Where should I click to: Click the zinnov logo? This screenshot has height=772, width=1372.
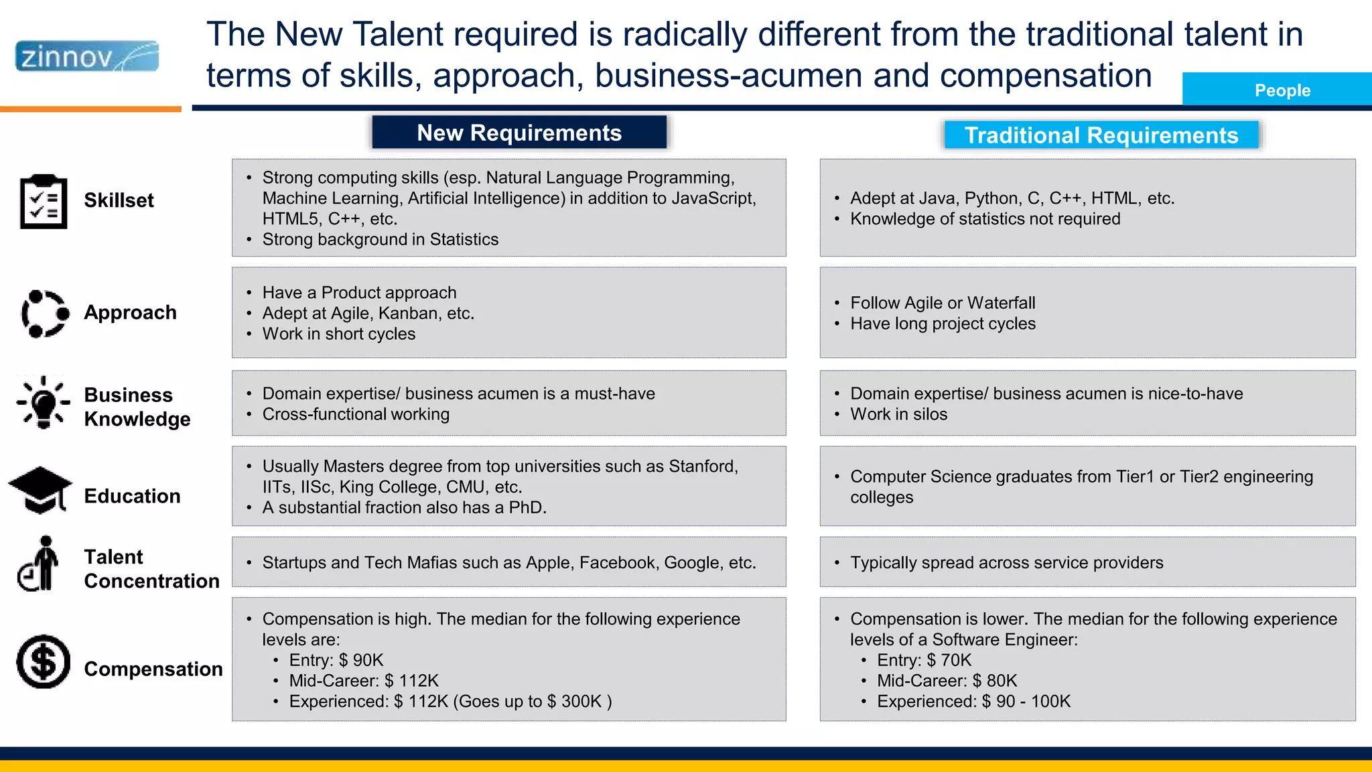(x=87, y=56)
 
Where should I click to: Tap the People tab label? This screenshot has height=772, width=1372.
(x=1282, y=90)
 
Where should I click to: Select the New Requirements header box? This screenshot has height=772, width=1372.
(x=519, y=133)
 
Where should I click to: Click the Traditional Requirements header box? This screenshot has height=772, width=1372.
(x=1101, y=135)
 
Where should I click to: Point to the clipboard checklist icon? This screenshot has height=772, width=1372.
(x=44, y=201)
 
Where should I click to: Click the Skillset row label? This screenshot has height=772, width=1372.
(x=119, y=200)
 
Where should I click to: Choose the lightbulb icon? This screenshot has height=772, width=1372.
(x=44, y=402)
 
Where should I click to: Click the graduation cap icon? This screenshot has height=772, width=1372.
(x=40, y=490)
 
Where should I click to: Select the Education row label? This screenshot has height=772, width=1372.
(x=132, y=496)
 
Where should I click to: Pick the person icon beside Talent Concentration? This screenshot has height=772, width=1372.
(x=40, y=564)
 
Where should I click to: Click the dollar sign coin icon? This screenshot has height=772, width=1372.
(x=44, y=661)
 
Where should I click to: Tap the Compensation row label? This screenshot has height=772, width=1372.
(x=153, y=669)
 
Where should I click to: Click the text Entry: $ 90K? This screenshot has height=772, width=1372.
(x=336, y=660)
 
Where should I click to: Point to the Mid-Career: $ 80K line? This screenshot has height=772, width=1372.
(x=947, y=681)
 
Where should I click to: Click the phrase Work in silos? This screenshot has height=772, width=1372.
(x=898, y=414)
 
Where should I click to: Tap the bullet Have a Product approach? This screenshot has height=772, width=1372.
(x=359, y=293)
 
